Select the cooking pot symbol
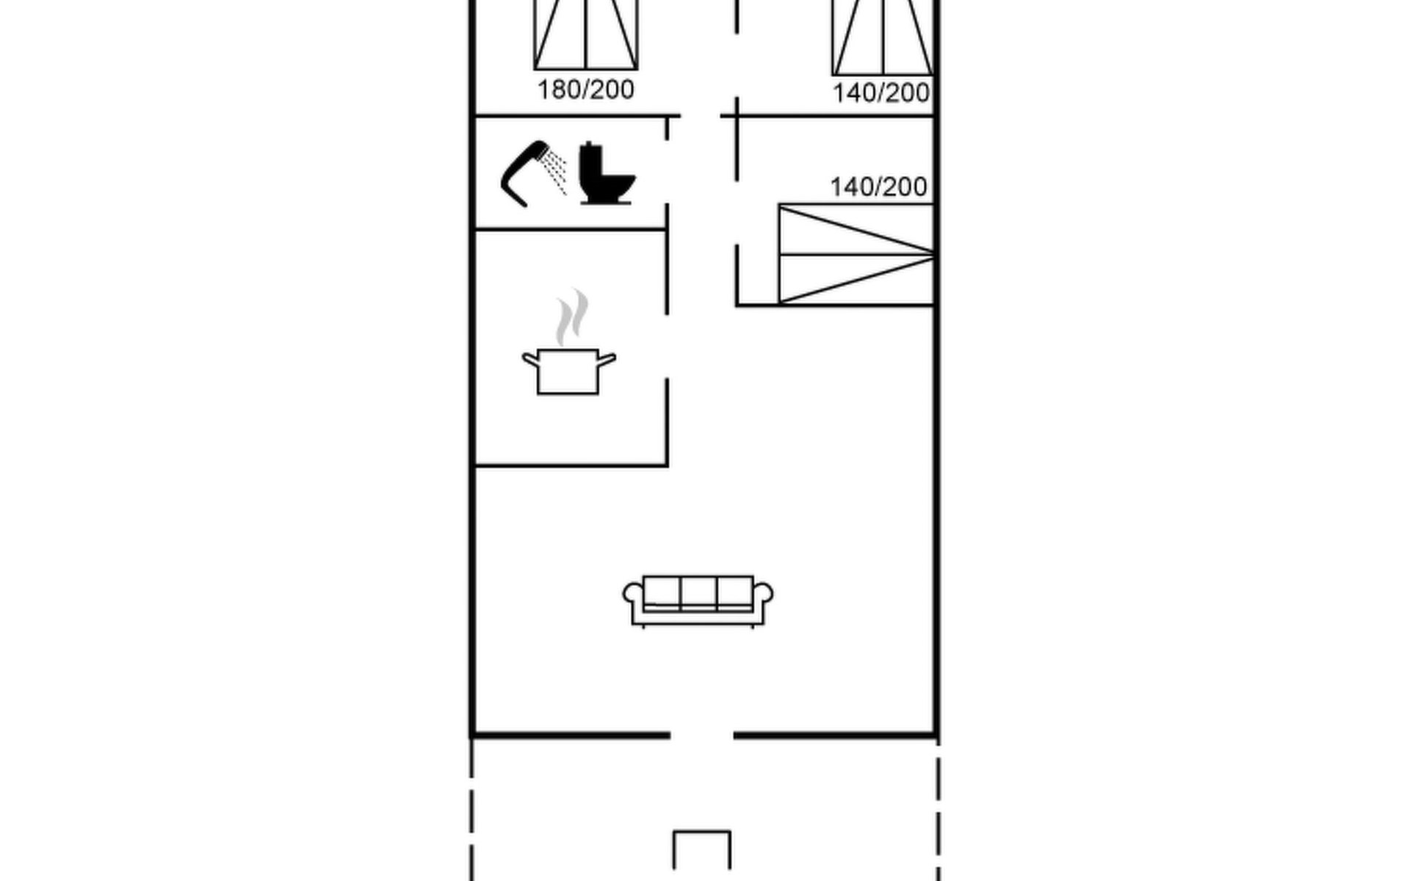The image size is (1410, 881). click(568, 371)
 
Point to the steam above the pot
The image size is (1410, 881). click(572, 317)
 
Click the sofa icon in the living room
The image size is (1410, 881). click(698, 601)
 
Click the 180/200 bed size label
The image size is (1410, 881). click(585, 90)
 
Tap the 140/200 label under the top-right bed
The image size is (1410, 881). click(881, 93)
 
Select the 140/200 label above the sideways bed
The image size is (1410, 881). click(878, 187)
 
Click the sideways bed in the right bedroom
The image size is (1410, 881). click(856, 254)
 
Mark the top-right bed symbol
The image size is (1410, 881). click(883, 37)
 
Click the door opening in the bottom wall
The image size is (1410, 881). click(701, 735)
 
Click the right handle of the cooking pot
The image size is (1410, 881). click(607, 359)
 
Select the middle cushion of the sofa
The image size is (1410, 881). click(698, 592)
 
